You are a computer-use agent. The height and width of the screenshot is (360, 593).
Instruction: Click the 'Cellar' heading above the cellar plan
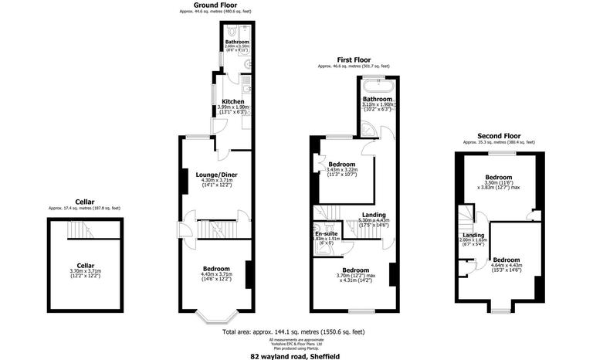pos(84,202)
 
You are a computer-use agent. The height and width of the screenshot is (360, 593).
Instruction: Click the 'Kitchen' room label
pos(233,101)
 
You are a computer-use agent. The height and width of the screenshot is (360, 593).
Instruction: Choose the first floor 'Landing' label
pos(374,215)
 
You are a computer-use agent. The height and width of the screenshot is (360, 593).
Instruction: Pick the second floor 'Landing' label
pos(473,235)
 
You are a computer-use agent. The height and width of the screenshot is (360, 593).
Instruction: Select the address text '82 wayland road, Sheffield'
pos(295,356)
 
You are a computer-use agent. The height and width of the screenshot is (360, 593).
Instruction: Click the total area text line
pos(293,332)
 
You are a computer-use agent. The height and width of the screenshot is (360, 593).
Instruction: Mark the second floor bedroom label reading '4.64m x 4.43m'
pos(506,266)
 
